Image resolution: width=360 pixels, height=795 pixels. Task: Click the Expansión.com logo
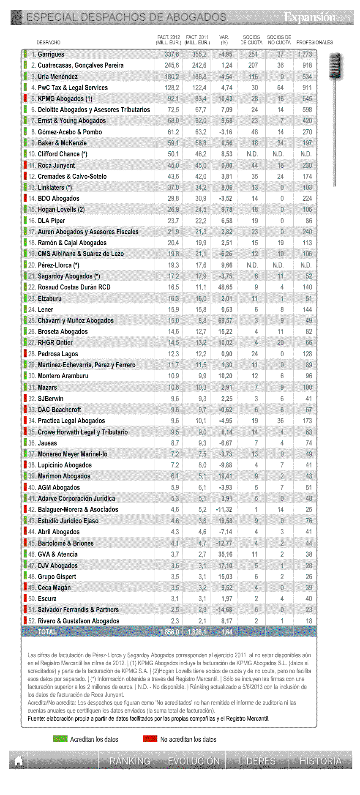pos(317,17)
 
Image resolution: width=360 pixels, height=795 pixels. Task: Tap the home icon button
pos(18,760)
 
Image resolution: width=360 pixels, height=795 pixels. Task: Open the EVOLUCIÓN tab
pos(194,761)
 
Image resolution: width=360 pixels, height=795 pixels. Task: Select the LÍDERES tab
pos(257,761)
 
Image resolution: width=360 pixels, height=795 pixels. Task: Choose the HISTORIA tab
pos(320,761)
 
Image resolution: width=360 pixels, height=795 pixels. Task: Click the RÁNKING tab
pos(130,761)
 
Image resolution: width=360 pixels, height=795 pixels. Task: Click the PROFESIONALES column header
pos(314,42)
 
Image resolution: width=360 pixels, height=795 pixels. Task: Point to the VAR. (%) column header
pos(224,40)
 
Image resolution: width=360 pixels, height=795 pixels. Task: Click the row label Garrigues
pos(51,55)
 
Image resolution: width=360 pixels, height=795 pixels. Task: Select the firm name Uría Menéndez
pos(57,76)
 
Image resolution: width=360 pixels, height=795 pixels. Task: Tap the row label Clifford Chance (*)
pos(63,154)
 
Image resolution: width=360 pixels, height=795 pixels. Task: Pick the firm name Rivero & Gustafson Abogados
pos(79,621)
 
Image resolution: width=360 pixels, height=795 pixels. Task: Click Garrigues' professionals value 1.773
pos(305,55)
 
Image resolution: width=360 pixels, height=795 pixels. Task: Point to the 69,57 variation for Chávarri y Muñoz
pos(226,320)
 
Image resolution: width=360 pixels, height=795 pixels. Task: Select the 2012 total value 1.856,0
pos(169,632)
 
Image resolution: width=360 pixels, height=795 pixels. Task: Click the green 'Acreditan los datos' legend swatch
pos(60,738)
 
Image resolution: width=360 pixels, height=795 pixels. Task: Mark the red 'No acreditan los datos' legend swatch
pos(150,738)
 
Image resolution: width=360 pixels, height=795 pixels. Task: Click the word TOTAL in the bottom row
pos(47,632)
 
